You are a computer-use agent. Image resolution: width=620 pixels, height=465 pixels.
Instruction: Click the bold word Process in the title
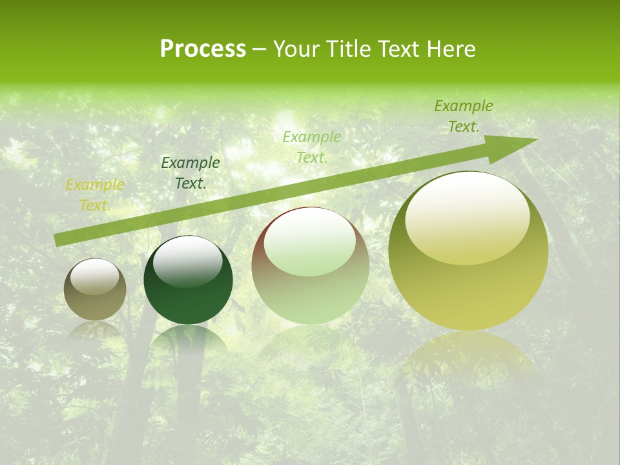(x=203, y=49)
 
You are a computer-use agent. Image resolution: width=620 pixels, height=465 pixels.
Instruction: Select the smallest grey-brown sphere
(x=95, y=290)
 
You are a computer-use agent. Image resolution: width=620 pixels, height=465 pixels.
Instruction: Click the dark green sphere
(x=188, y=280)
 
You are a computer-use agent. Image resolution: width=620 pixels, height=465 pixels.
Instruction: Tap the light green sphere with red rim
(x=310, y=265)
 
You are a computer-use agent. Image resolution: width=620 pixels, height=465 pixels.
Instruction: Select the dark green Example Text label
(x=190, y=173)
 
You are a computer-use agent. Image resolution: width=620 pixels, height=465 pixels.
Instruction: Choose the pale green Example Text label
(x=312, y=147)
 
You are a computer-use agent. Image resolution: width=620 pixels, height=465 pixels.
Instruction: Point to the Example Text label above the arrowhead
(x=464, y=116)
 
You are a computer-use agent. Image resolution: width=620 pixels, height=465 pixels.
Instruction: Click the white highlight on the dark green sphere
(x=188, y=262)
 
